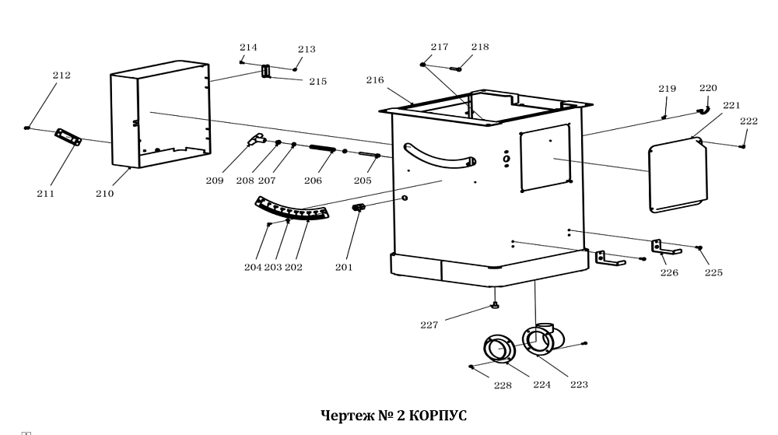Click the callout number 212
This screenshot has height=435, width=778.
(x=61, y=75)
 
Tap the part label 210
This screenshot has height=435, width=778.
(x=104, y=194)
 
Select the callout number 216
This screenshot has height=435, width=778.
(x=376, y=80)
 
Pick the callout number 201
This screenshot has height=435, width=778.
(x=344, y=267)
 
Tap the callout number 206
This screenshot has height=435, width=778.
(x=313, y=181)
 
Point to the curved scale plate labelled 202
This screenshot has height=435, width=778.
(x=293, y=209)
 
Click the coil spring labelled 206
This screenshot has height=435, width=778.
(x=324, y=148)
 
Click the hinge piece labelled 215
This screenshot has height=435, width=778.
(x=266, y=72)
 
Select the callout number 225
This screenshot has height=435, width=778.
(x=713, y=272)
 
